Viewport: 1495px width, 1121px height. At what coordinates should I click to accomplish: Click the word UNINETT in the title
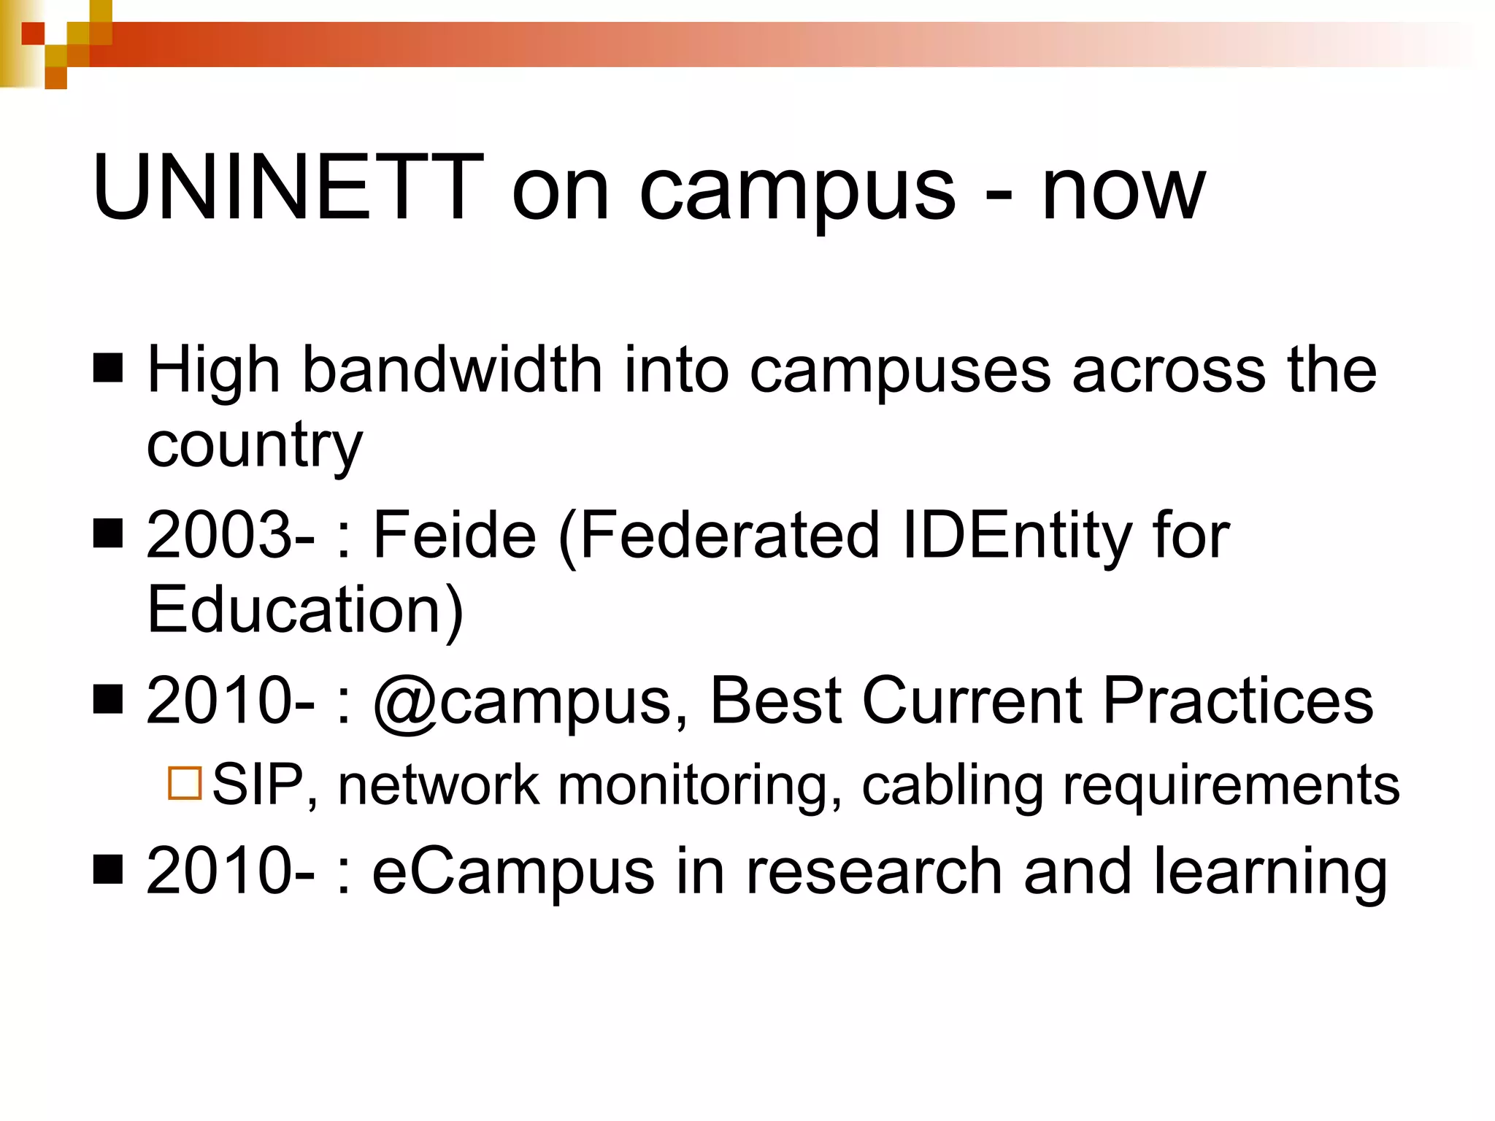coord(288,188)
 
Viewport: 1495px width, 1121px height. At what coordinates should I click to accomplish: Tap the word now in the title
coord(1123,191)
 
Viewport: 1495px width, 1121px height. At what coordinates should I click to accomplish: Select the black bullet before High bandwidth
coord(108,368)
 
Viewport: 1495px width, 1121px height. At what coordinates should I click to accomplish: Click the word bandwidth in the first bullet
coord(452,370)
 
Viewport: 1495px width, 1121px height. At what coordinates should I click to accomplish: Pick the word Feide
coord(454,535)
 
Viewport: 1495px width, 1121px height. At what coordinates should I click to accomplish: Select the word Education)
coord(305,610)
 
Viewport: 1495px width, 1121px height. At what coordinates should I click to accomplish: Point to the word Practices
coord(1237,701)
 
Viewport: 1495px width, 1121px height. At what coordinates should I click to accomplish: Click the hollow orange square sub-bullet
coord(185,784)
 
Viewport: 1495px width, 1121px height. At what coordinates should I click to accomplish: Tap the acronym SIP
coord(258,785)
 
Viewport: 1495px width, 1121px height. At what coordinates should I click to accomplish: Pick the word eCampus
coord(513,872)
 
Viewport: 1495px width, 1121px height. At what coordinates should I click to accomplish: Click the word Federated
coord(731,535)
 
